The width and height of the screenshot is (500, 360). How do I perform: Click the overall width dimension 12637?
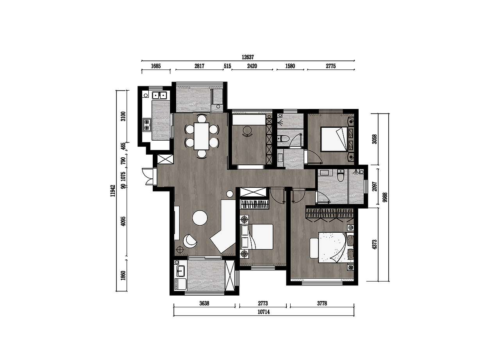tap(248, 57)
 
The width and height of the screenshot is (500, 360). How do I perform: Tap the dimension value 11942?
tap(113, 191)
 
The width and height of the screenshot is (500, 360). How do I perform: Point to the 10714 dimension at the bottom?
tap(264, 312)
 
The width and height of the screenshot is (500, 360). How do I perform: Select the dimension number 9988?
tap(385, 197)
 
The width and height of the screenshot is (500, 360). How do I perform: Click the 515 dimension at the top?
tap(227, 66)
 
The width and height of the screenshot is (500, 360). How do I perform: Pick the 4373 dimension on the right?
tap(374, 244)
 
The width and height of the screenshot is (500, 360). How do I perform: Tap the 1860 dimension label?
tap(123, 275)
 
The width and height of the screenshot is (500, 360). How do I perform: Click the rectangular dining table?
tap(202, 136)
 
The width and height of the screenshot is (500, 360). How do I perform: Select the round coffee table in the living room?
tap(200, 218)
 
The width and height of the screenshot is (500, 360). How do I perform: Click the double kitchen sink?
tap(159, 95)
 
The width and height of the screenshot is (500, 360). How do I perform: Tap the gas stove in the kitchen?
tap(147, 125)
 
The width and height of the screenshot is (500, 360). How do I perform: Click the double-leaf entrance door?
tap(148, 176)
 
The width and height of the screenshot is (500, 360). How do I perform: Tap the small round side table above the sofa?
tap(229, 194)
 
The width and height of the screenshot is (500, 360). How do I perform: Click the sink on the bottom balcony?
tap(180, 271)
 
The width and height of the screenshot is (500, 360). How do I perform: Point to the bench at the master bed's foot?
tap(314, 248)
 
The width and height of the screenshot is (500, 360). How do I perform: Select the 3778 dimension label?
tap(322, 303)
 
